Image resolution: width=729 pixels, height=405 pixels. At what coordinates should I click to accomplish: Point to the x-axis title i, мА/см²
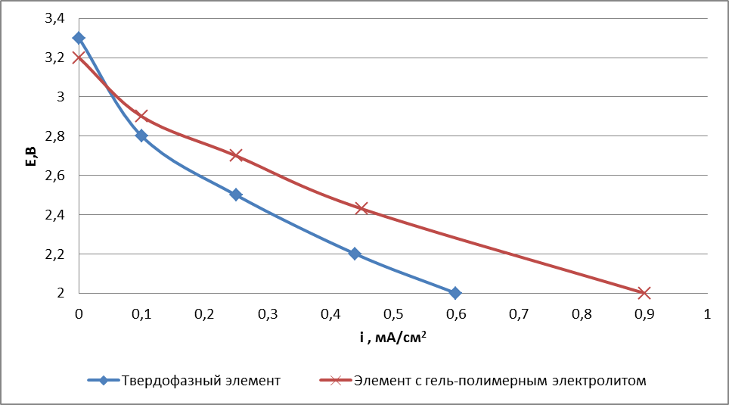(392, 338)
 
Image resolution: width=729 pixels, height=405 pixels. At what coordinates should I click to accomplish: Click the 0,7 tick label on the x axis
(518, 313)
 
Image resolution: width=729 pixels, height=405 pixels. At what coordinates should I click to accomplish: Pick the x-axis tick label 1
(707, 313)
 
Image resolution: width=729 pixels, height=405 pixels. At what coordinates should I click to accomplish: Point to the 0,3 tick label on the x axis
(267, 313)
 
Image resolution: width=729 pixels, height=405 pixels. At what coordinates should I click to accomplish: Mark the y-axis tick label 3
(61, 97)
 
